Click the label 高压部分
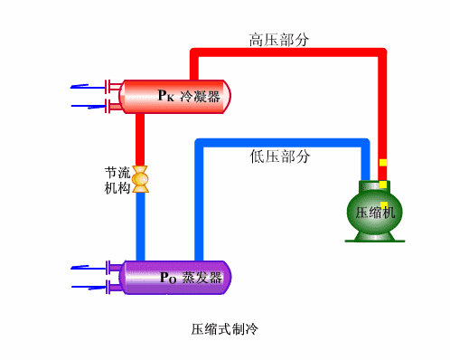point(279,40)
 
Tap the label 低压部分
point(279,156)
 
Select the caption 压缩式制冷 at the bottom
point(225,328)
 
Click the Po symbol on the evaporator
point(167,278)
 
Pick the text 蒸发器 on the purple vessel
point(202,278)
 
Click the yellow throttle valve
point(140,179)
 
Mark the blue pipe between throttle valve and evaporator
point(140,226)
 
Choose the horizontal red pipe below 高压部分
point(289,55)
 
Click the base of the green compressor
point(371,239)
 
